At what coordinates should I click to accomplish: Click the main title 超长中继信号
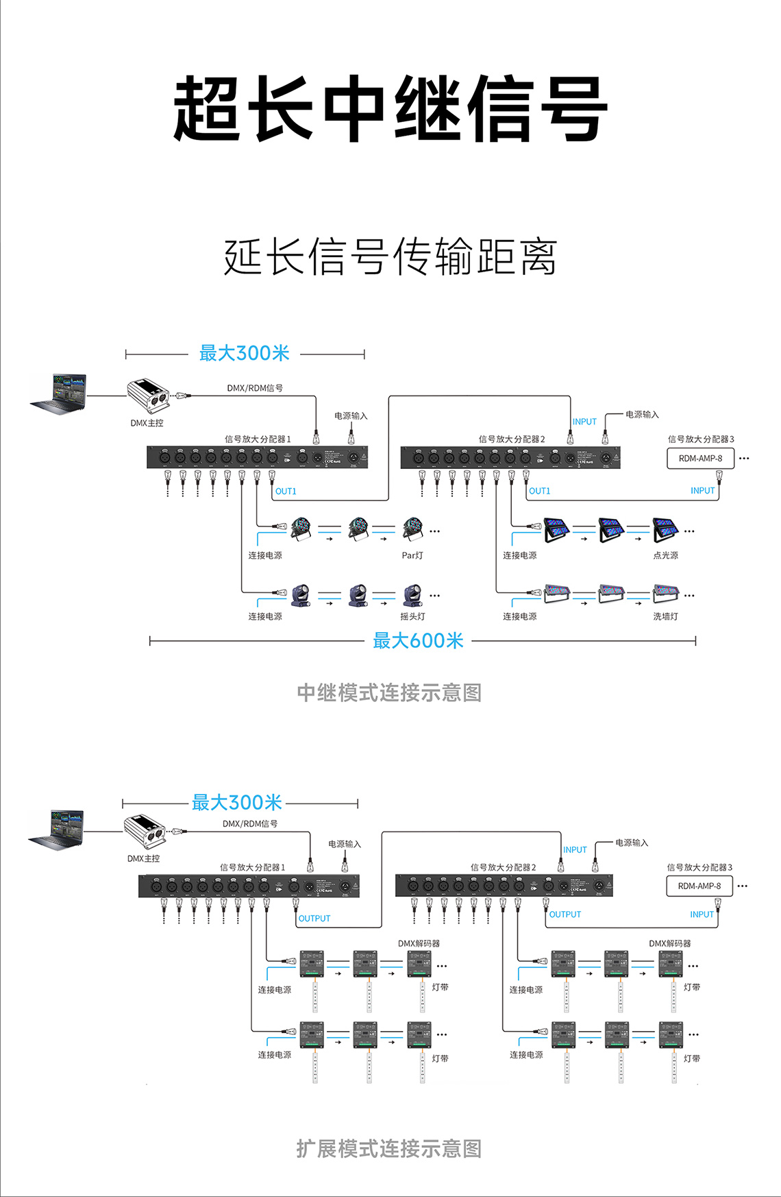tap(390, 110)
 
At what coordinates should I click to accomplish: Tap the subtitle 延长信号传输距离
tap(390, 257)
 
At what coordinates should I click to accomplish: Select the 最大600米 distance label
tap(418, 641)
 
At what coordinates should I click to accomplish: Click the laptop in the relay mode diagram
tap(60, 394)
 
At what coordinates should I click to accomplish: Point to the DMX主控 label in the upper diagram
tap(147, 423)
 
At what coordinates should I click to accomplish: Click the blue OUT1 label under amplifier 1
tap(286, 492)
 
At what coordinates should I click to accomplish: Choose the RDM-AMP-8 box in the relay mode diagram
tap(700, 459)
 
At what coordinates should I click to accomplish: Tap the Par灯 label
tap(412, 555)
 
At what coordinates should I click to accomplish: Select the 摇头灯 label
tap(412, 616)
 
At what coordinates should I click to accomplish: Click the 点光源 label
tap(665, 555)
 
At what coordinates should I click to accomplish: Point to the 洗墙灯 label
tap(665, 616)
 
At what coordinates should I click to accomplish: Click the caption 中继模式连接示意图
tap(389, 692)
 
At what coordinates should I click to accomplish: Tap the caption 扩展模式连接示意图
tap(389, 1148)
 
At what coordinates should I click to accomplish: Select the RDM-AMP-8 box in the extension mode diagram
tap(699, 886)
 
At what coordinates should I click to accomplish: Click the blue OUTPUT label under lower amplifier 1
tap(314, 919)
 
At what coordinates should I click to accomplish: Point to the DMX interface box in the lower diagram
tap(145, 832)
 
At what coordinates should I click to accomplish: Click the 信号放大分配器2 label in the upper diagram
tap(512, 439)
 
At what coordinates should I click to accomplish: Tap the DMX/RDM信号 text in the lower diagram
tap(250, 823)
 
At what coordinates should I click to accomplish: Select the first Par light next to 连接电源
tap(301, 529)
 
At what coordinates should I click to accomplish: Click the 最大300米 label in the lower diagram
tap(237, 802)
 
